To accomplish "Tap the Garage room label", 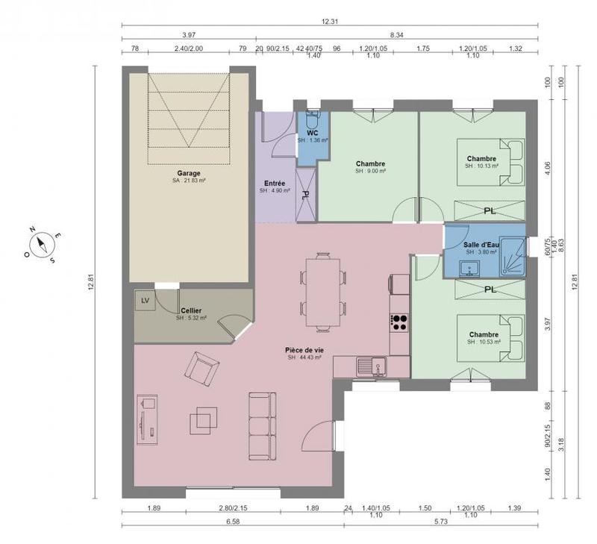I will point(188,173).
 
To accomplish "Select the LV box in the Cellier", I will point(145,300).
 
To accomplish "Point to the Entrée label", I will point(274,183).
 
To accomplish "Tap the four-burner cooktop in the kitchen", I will point(399,322).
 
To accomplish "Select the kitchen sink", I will point(369,366).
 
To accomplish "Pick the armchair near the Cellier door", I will point(202,368).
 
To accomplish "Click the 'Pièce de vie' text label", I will point(304,350).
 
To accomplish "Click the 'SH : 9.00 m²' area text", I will point(370,171).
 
